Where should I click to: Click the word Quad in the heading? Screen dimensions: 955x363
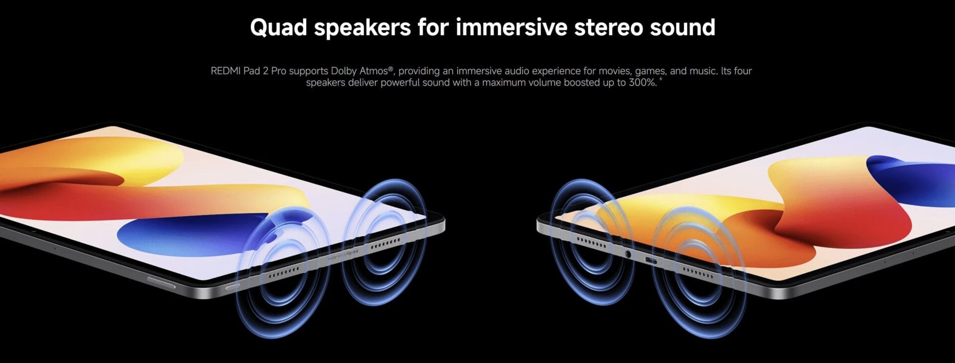(x=279, y=28)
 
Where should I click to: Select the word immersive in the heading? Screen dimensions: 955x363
(x=511, y=27)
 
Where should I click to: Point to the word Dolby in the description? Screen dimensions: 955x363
(x=344, y=71)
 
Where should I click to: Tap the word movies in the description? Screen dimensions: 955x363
(x=614, y=71)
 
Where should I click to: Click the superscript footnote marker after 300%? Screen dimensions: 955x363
(x=661, y=79)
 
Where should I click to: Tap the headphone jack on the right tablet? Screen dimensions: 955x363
(x=628, y=254)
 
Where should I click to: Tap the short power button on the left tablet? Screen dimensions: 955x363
(x=232, y=287)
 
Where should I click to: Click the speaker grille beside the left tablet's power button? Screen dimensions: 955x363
(x=284, y=272)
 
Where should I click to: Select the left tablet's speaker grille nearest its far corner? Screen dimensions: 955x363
(x=385, y=243)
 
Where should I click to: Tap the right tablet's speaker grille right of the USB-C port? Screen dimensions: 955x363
(x=698, y=272)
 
